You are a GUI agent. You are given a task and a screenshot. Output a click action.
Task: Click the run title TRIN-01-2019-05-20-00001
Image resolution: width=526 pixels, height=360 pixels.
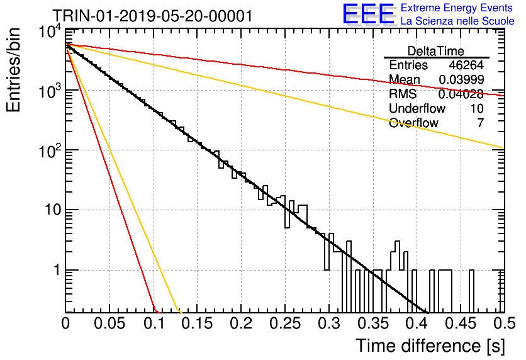[x=153, y=16]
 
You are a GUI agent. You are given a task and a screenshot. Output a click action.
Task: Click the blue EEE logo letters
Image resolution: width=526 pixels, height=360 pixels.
[x=369, y=14]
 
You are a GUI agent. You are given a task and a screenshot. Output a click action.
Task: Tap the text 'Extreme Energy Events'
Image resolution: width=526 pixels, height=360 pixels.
[x=457, y=8]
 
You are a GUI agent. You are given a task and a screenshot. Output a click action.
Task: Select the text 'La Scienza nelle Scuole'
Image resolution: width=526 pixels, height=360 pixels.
[x=457, y=21]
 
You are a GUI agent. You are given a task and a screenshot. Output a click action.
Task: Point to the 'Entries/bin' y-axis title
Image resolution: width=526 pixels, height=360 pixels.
[x=13, y=70]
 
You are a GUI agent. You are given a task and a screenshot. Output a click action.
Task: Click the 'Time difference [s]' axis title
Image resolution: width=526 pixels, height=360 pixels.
[x=430, y=346]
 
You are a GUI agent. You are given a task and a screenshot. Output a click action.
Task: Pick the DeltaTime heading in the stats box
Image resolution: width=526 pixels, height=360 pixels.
[x=436, y=51]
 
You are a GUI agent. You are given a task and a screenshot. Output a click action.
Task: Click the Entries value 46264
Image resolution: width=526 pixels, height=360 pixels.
[x=466, y=65]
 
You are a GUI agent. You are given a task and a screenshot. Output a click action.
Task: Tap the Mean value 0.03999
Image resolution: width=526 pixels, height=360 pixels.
[x=461, y=79]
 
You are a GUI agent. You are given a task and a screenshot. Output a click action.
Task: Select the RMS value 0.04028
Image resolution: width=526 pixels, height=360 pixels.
[x=461, y=94]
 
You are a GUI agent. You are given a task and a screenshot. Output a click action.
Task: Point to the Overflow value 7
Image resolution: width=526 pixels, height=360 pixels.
[x=480, y=123]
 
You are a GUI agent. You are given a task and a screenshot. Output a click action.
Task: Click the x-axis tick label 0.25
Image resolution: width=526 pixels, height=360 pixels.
[x=285, y=323]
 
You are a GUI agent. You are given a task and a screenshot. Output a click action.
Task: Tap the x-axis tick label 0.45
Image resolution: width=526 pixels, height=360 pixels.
[x=461, y=323]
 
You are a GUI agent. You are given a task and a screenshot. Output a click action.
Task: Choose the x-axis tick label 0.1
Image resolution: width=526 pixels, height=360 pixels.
[x=154, y=323]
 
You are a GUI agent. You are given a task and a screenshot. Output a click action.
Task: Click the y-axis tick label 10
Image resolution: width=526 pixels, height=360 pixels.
[x=53, y=210]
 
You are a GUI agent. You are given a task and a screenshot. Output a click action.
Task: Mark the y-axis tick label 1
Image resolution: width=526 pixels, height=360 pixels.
[x=57, y=270]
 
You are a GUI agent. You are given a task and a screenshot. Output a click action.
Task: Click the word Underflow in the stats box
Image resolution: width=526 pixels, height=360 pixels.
[x=417, y=108]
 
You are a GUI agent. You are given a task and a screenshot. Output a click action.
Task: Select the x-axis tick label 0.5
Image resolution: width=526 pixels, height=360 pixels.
[x=505, y=323]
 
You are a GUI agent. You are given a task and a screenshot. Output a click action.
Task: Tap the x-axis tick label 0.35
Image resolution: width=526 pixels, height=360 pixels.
[x=373, y=323]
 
